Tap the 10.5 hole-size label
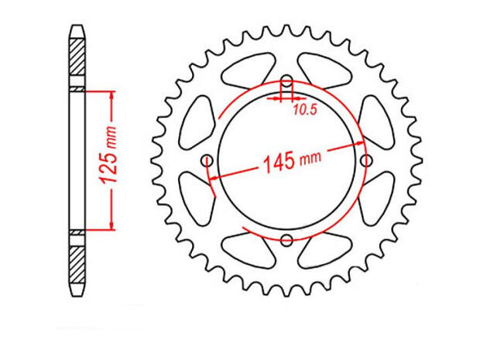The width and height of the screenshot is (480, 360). (x=305, y=111)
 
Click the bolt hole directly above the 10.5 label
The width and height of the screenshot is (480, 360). (x=286, y=82)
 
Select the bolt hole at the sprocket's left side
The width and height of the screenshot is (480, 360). (x=207, y=160)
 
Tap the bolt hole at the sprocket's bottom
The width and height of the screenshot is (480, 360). (x=286, y=239)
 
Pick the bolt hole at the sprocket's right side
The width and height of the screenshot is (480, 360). (x=366, y=160)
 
